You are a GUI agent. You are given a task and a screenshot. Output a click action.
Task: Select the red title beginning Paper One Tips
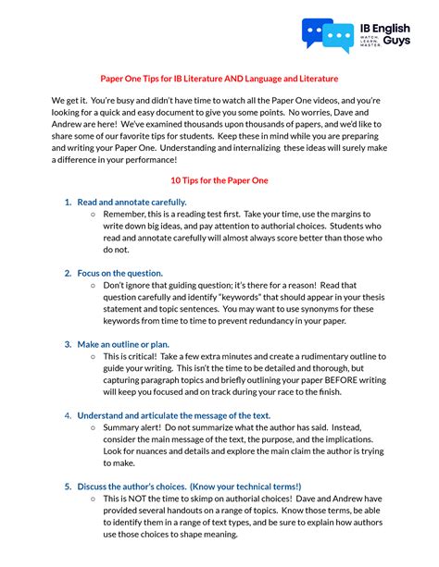(x=219, y=79)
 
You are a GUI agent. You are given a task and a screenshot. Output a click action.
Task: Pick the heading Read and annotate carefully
(x=132, y=202)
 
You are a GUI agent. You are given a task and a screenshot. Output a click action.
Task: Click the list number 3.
(x=68, y=344)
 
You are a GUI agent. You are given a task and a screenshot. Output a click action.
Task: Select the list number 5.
(x=68, y=487)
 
